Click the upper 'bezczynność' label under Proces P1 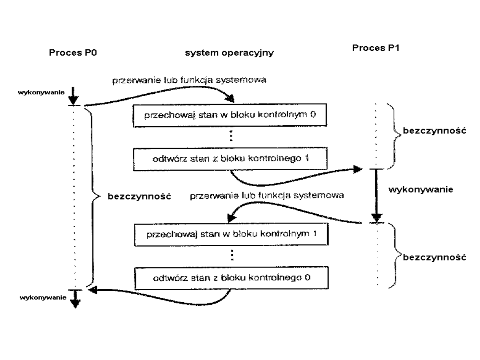click(x=426, y=132)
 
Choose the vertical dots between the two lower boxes click(x=231, y=256)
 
